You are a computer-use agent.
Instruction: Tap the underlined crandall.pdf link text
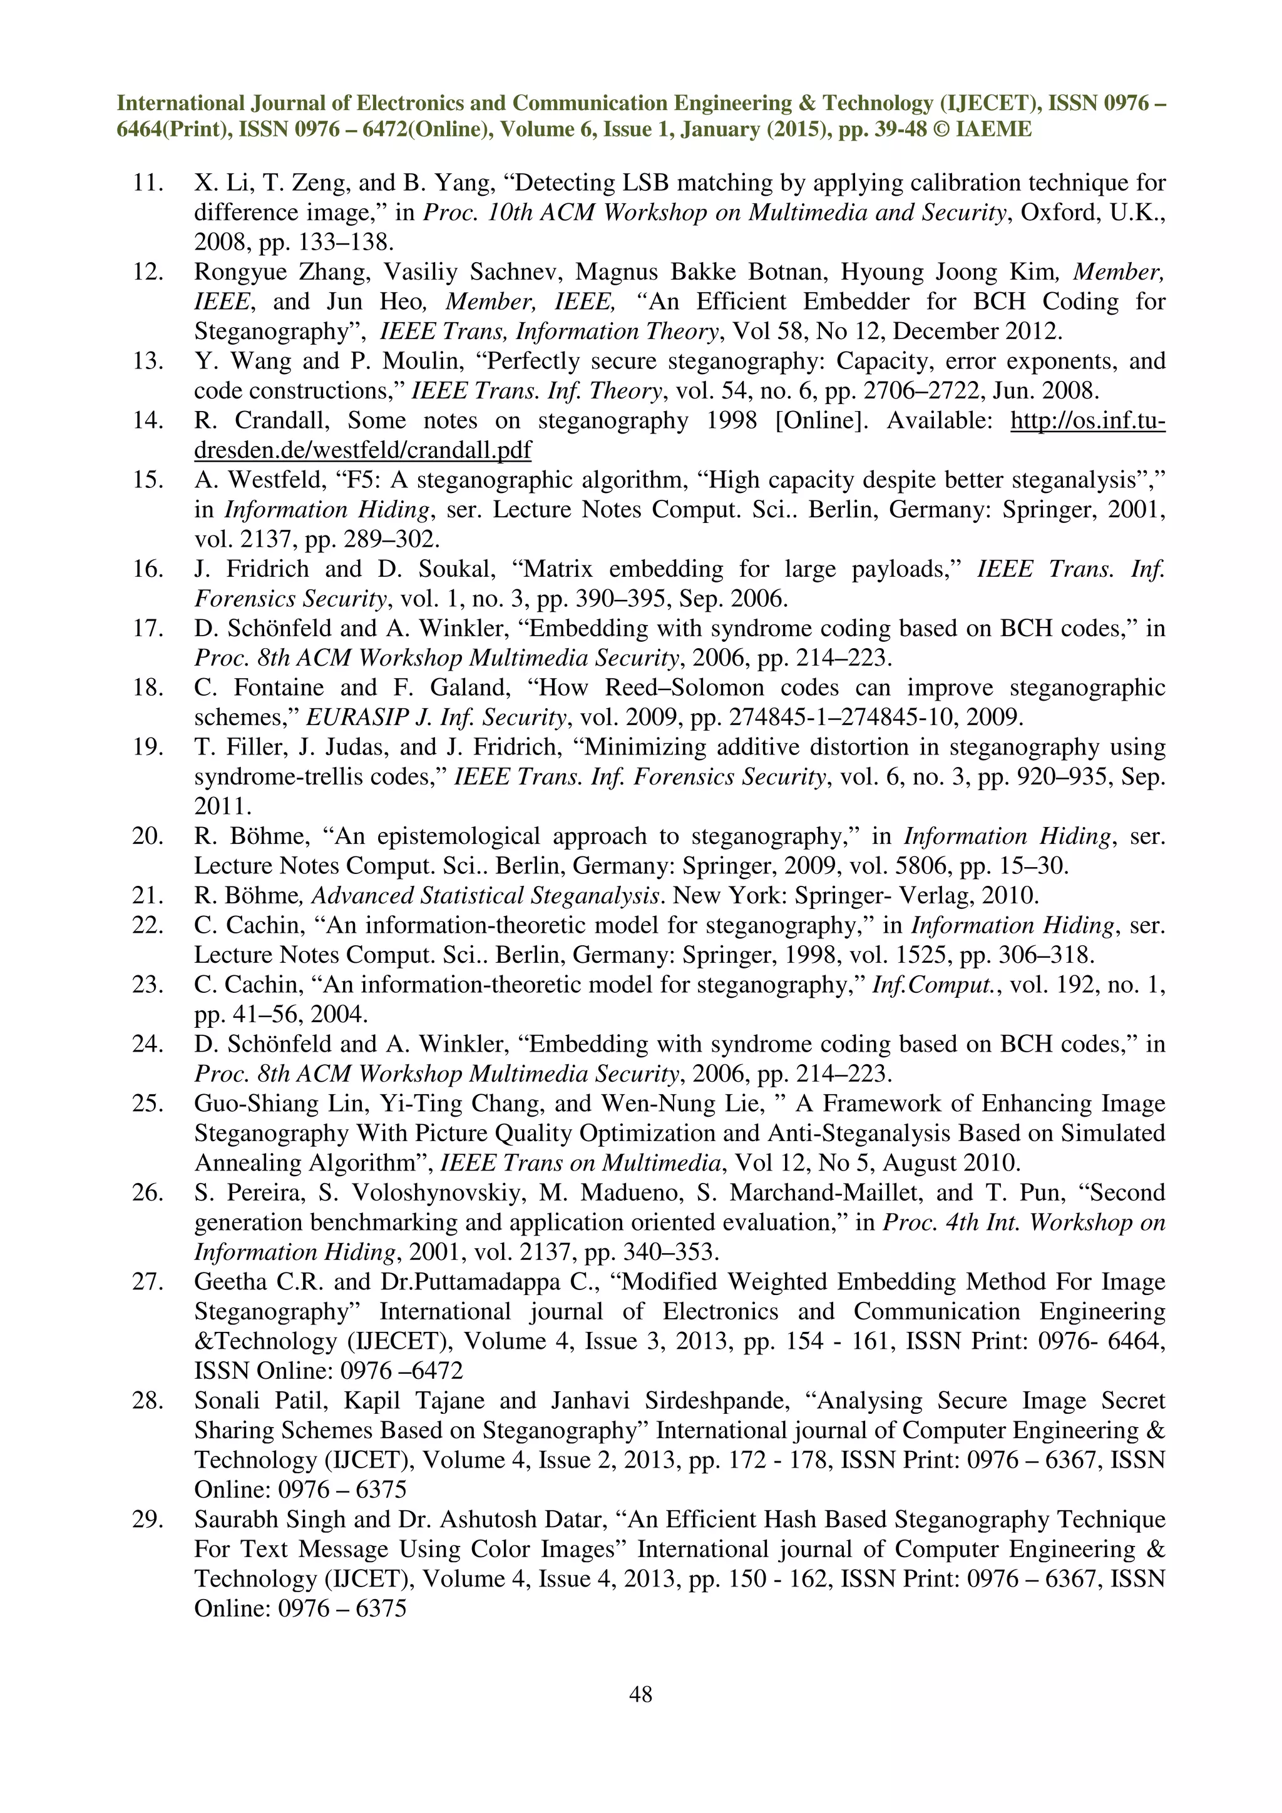point(362,450)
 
